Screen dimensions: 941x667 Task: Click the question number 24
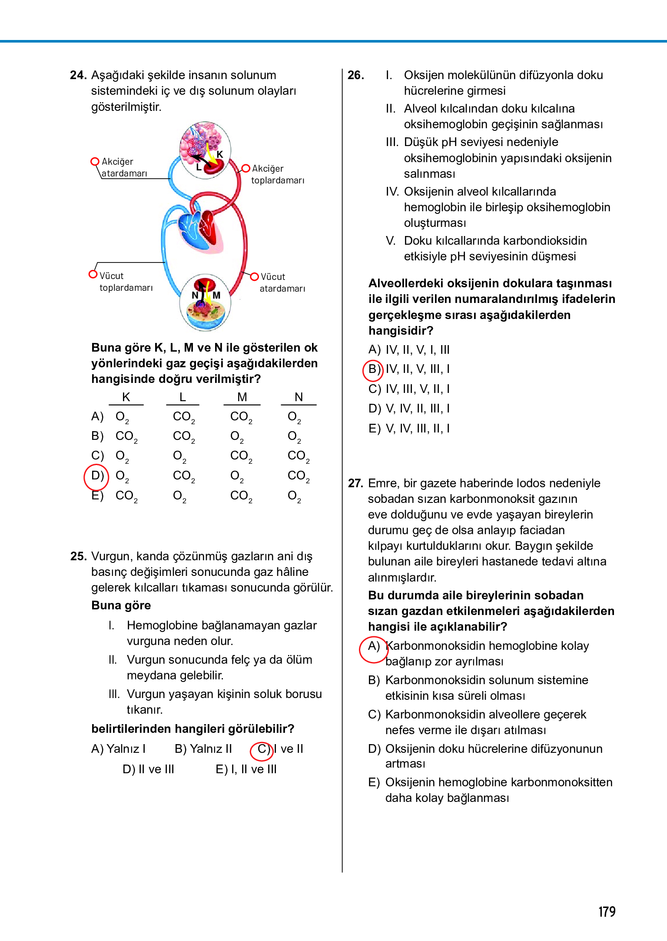tap(78, 75)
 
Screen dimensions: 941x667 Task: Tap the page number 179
tap(606, 911)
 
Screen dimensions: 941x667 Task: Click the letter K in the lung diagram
tap(220, 154)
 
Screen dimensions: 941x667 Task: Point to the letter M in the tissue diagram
tap(216, 295)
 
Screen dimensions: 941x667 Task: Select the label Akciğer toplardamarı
tap(277, 174)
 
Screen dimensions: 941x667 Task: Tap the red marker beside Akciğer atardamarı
tap(94, 162)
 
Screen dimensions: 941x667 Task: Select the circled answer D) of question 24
tap(96, 476)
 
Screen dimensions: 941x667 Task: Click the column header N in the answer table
tap(299, 397)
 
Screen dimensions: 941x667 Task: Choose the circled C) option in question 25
tap(262, 749)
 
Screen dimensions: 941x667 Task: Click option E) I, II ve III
tap(246, 769)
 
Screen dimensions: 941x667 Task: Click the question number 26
tap(355, 75)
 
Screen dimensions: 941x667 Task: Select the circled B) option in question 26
tap(373, 369)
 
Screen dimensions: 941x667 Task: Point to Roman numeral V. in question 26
tap(391, 241)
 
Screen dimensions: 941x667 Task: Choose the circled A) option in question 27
tap(373, 646)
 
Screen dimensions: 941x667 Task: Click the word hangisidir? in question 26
tap(401, 331)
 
